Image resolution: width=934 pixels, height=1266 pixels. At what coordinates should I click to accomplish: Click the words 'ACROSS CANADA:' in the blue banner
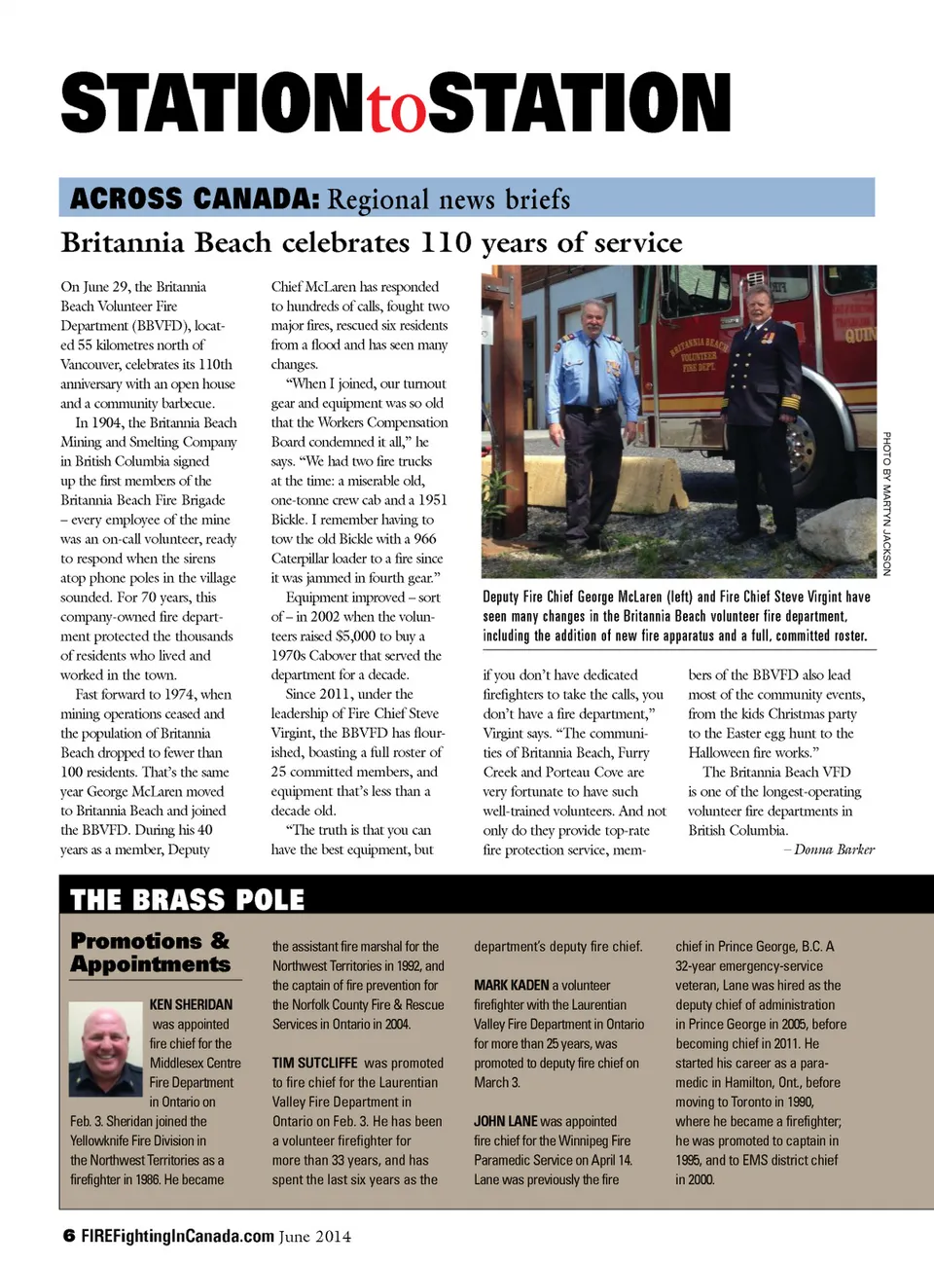click(x=195, y=199)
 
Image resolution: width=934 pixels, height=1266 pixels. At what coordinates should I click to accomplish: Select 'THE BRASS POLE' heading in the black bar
click(x=187, y=899)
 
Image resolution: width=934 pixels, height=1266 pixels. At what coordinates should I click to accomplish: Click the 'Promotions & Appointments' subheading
click(x=150, y=953)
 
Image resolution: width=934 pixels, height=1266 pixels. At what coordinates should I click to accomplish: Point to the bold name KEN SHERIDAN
click(x=191, y=1004)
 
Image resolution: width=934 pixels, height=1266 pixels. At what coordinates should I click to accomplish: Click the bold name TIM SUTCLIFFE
click(x=314, y=1063)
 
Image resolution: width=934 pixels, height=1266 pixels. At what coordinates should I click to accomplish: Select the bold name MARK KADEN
click(x=511, y=985)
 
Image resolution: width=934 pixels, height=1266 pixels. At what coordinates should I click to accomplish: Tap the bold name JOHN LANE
click(x=505, y=1121)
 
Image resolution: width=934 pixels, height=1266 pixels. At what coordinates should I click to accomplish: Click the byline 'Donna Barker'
click(x=834, y=850)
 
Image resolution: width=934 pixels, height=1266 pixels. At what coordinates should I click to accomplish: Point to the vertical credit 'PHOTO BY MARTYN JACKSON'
click(x=886, y=503)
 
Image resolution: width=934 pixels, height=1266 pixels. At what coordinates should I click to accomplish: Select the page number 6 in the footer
click(x=68, y=1236)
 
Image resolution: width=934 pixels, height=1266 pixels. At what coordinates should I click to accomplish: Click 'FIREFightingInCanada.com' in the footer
click(x=177, y=1236)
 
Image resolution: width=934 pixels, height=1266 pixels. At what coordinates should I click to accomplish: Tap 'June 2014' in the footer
click(x=314, y=1237)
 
